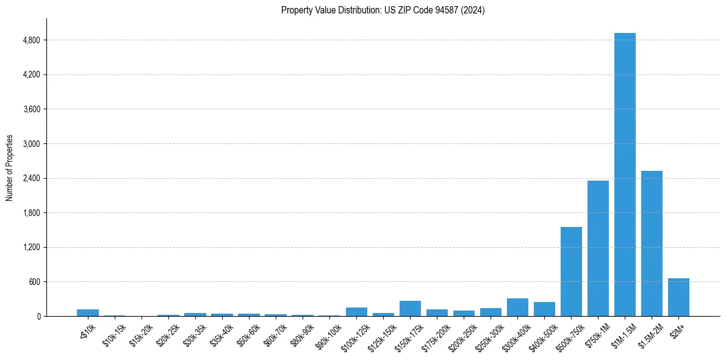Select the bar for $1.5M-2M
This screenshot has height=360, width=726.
pos(652,243)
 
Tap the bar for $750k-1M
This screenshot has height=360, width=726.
pos(598,248)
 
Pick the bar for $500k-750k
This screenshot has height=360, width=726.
pos(571,272)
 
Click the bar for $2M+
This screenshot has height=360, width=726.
pos(678,297)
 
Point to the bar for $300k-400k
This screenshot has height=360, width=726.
pos(517,308)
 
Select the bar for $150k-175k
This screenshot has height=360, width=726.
pos(410,309)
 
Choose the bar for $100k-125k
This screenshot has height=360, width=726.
pos(356,312)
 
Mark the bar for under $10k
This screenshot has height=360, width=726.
pos(88,313)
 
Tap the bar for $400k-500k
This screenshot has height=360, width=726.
pos(544,309)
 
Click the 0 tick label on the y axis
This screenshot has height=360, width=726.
pos(38,317)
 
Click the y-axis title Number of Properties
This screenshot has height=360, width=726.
pos(10,168)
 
